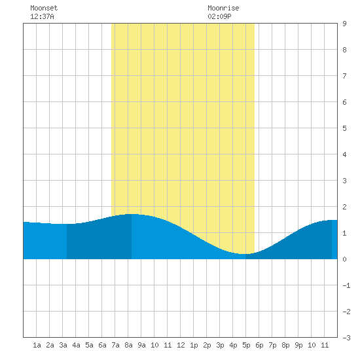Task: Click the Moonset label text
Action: (44, 8)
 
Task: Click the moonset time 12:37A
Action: (43, 16)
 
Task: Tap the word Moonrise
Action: (223, 8)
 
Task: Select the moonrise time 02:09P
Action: (219, 16)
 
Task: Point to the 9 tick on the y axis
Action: (344, 24)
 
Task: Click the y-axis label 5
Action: (344, 128)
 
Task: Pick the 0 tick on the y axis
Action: (344, 259)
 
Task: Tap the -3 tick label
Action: (346, 338)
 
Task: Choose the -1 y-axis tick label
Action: (346, 285)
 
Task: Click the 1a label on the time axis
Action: (37, 345)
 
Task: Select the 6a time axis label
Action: (102, 345)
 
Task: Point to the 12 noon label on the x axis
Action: (181, 345)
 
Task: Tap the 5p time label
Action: (246, 345)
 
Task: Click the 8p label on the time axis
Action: (285, 345)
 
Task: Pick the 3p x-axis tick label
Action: (220, 345)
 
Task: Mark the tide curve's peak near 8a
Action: (133, 214)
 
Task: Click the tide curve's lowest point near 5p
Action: (245, 254)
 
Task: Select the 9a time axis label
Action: (141, 345)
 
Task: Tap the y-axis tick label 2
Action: (344, 207)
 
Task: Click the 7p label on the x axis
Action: (272, 345)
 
